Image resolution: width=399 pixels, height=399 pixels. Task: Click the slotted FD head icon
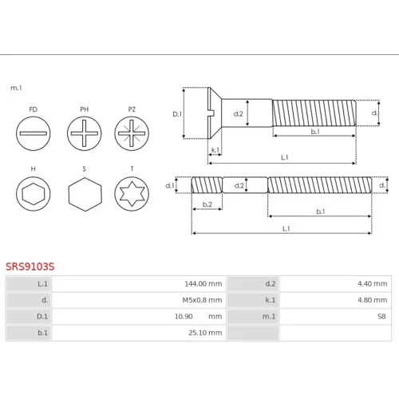point(34,133)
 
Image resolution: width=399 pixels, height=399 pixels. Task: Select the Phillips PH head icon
point(85,133)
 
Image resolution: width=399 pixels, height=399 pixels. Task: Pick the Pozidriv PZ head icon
point(132,133)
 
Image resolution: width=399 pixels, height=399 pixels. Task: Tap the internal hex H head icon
point(34,194)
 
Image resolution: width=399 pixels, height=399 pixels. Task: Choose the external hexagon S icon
point(85,195)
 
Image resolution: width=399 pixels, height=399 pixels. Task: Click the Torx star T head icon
point(132,194)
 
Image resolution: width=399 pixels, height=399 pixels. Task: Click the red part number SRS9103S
point(30,267)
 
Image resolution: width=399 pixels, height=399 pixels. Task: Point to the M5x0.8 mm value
point(202,300)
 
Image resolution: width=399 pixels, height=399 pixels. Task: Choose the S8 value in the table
point(381,316)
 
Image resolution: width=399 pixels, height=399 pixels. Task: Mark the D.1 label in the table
point(42,316)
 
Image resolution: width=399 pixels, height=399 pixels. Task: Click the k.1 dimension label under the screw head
point(215,150)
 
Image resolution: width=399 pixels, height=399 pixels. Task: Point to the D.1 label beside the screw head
point(177,114)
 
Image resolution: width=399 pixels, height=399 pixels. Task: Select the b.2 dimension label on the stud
point(207,204)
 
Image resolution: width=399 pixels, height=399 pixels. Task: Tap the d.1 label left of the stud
point(169,185)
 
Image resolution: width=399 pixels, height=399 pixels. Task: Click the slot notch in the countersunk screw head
point(212,113)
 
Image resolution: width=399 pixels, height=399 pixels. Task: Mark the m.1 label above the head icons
point(16,88)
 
